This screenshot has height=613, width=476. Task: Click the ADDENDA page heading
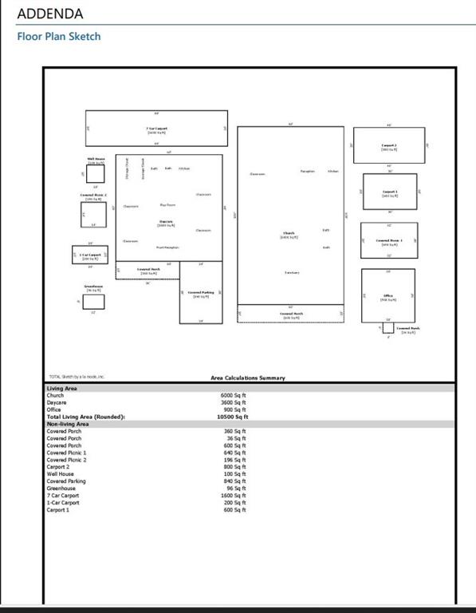[49, 14]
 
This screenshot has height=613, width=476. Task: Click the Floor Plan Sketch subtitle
[59, 36]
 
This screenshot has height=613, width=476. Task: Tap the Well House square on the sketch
[96, 173]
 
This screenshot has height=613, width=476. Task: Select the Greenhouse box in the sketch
[93, 301]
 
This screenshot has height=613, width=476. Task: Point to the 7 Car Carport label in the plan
[156, 129]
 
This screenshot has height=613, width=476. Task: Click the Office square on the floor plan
[388, 294]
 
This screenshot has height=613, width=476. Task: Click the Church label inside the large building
[289, 234]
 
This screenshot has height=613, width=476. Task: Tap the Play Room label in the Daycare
[167, 205]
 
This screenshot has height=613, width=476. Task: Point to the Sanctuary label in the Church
[292, 273]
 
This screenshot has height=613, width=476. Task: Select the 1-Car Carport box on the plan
[89, 255]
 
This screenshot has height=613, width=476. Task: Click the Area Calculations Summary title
[247, 378]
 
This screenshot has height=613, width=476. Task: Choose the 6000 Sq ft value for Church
[234, 395]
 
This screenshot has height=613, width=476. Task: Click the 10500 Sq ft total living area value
[234, 417]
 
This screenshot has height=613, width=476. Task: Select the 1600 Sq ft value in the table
[234, 495]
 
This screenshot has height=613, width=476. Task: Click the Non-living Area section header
[68, 424]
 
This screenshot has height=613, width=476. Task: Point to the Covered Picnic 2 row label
[66, 460]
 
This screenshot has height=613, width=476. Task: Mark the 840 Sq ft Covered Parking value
[234, 481]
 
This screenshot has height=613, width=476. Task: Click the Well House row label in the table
[60, 474]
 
